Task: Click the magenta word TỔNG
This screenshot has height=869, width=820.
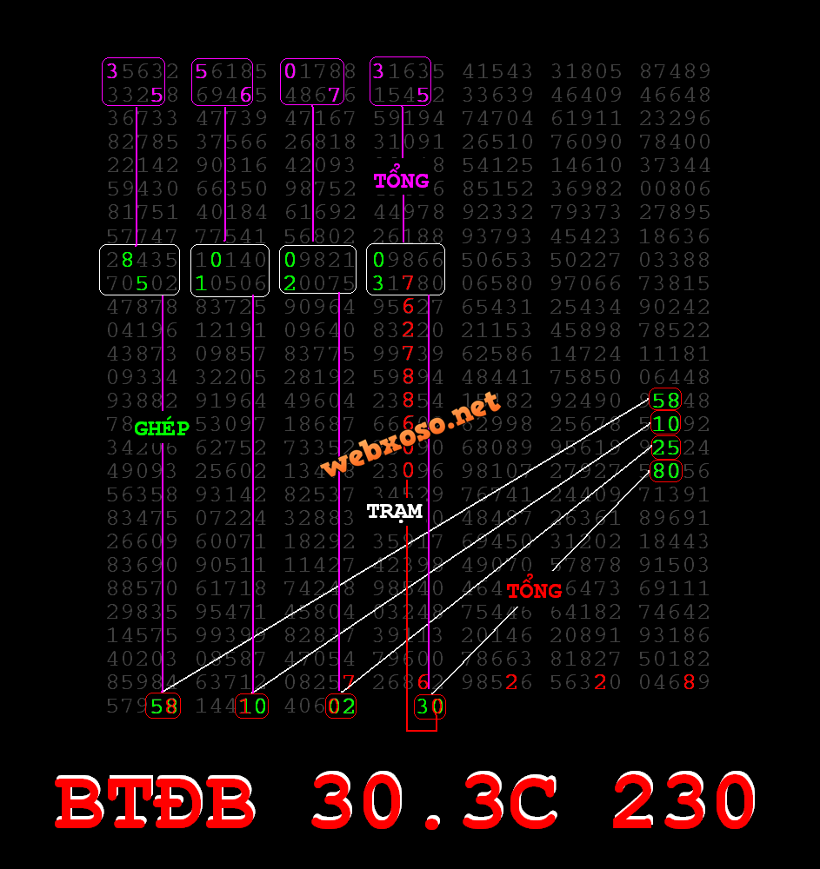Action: (401, 181)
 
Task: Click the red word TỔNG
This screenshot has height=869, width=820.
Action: (534, 591)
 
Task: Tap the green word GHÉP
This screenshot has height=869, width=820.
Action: (162, 428)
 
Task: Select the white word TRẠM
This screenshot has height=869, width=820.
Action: (394, 511)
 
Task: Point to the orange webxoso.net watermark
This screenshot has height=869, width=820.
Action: (410, 434)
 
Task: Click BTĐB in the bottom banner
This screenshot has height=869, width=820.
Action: (157, 801)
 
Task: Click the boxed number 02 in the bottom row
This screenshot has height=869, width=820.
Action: (341, 706)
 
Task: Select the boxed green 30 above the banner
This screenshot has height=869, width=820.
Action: (430, 706)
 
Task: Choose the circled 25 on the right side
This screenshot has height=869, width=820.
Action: (666, 448)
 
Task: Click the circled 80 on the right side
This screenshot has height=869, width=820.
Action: (666, 472)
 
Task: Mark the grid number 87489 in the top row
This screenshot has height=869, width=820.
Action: (675, 71)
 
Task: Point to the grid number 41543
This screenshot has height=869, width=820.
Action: (497, 71)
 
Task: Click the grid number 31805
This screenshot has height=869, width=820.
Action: (586, 71)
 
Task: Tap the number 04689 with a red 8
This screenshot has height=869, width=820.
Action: (675, 682)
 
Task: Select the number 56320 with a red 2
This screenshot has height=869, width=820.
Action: (586, 682)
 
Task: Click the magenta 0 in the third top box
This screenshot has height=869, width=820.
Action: (290, 71)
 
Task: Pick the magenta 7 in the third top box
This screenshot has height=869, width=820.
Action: (334, 95)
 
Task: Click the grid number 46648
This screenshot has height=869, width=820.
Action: (675, 95)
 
